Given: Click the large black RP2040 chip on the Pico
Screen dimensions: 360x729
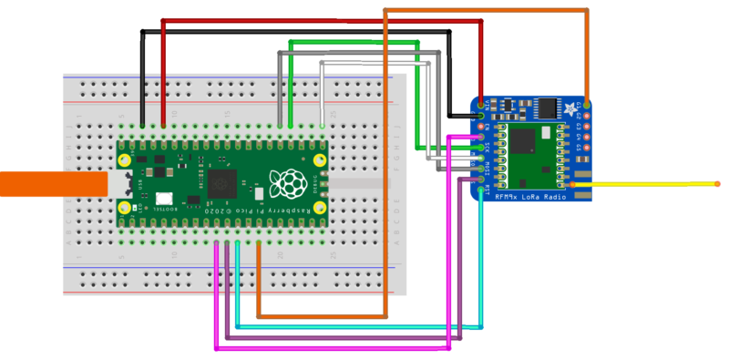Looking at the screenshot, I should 221,182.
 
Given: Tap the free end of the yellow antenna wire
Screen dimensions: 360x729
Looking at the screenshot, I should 718,184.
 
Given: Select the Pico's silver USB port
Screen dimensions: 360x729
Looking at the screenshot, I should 124,182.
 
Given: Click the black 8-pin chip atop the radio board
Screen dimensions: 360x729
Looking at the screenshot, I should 547,108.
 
